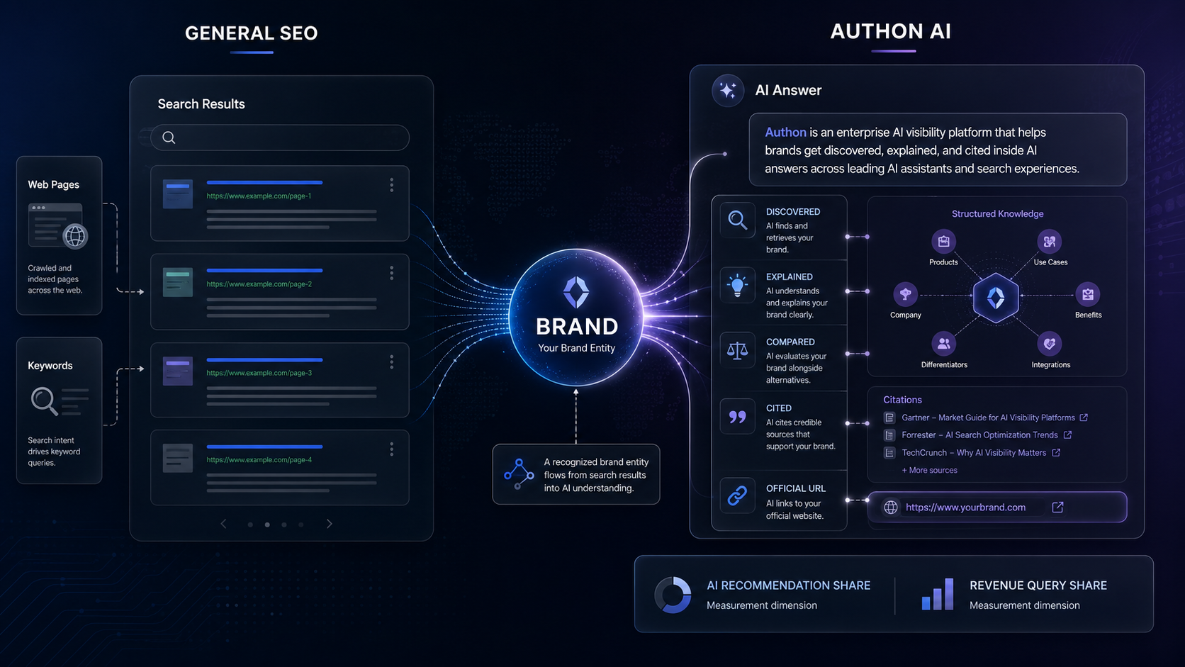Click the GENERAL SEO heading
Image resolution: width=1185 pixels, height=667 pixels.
[x=252, y=33]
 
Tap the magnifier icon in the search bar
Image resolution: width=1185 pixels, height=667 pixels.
[x=169, y=138]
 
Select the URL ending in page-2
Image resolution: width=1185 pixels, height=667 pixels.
[x=259, y=284]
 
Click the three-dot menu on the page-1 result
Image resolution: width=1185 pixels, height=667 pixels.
[x=391, y=184]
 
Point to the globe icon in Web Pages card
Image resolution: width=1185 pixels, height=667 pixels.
[x=75, y=236]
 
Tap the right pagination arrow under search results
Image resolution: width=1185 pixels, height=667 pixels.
[x=329, y=524]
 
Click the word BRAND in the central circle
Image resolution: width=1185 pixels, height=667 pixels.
[x=577, y=326]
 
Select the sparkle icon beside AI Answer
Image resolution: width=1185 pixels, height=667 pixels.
[x=728, y=91]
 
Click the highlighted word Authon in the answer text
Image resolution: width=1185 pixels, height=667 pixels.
[x=785, y=133]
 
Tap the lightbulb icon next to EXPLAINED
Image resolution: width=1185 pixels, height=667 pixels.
[x=738, y=285]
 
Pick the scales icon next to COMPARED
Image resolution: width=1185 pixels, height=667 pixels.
[x=738, y=350]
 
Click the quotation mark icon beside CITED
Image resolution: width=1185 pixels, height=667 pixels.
[x=738, y=417]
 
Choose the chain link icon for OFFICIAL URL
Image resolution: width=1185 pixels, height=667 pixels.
[x=738, y=495]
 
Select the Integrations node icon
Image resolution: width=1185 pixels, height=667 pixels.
[x=1050, y=344]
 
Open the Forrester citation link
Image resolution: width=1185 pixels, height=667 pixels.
[x=979, y=435]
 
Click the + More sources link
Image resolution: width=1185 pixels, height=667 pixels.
[x=929, y=470]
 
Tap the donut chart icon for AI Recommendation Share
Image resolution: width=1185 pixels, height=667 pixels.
[x=673, y=595]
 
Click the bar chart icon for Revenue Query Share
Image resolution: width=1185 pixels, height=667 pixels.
[x=938, y=594]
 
